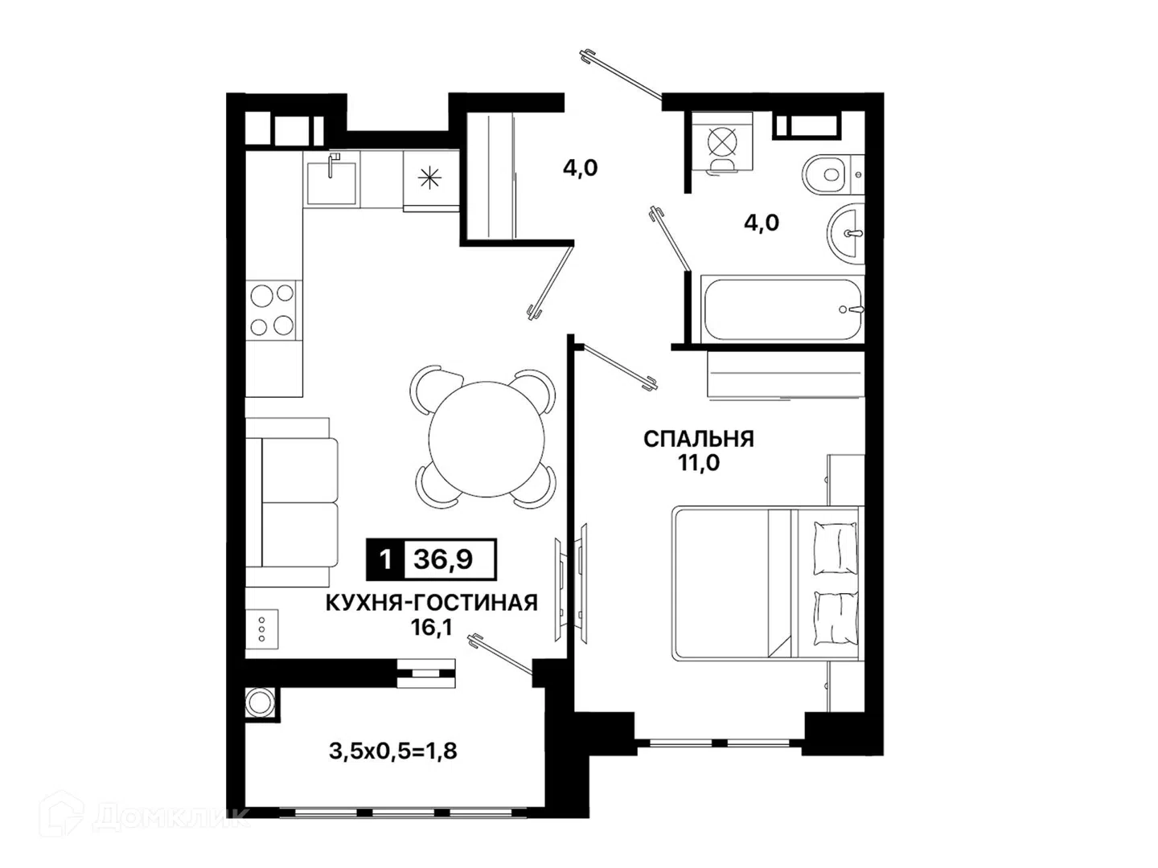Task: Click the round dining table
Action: point(486,439)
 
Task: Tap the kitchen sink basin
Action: point(331,182)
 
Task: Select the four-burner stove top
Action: point(272,310)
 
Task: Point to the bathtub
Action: point(783,309)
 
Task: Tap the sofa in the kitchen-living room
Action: point(292,502)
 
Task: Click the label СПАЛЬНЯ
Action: point(699,439)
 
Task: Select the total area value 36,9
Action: point(443,559)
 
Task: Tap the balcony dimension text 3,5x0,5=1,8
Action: point(393,751)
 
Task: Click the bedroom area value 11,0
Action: point(699,463)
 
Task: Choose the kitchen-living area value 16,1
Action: point(432,627)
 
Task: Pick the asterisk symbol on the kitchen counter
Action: point(429,178)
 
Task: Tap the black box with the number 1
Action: point(386,559)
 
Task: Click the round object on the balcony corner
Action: point(261,703)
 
